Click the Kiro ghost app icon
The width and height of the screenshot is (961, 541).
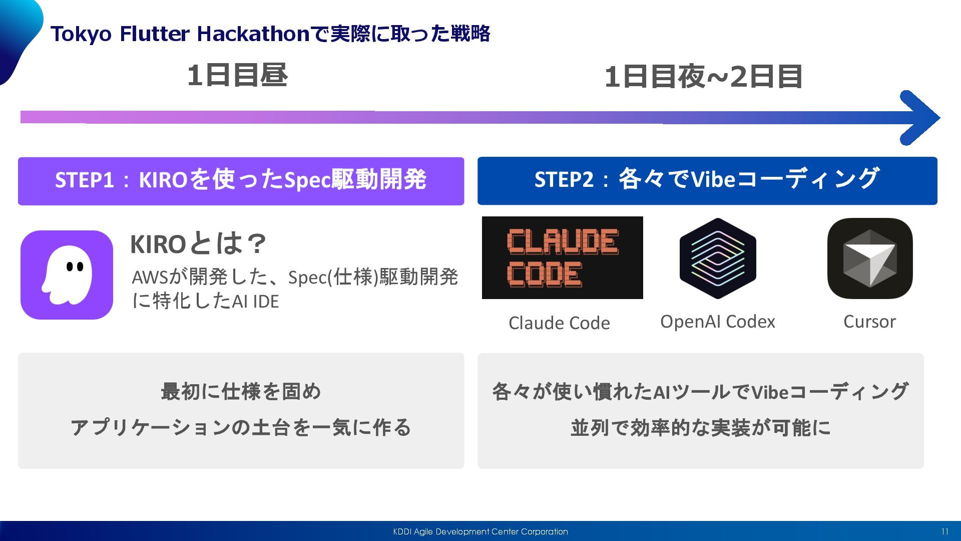coord(67,275)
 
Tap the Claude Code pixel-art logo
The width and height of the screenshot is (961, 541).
coord(562,257)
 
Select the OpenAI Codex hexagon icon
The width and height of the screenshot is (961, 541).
coord(718,258)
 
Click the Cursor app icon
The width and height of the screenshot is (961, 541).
coord(870,258)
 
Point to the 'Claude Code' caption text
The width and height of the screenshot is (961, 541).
coord(559,323)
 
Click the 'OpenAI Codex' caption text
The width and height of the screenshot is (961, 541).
coord(717,322)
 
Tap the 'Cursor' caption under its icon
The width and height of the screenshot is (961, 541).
coord(869,322)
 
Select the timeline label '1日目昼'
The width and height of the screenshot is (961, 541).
coord(237,76)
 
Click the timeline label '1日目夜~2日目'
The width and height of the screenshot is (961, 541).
coord(703,77)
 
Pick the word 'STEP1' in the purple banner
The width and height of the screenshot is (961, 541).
coord(85,180)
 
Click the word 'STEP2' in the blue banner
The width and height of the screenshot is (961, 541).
coord(564,179)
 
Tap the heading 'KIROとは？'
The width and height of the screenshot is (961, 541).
coord(198,244)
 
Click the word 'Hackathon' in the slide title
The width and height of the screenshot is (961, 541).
coord(253,34)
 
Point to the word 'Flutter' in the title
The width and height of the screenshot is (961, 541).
coord(155,34)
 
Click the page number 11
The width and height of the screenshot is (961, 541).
coord(944,531)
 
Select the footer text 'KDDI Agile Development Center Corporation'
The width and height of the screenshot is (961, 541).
coord(480,531)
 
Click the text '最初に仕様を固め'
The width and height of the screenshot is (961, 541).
coord(241,391)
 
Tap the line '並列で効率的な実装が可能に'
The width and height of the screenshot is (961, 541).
coord(700,428)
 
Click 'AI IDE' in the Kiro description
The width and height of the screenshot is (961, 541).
coord(255,302)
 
